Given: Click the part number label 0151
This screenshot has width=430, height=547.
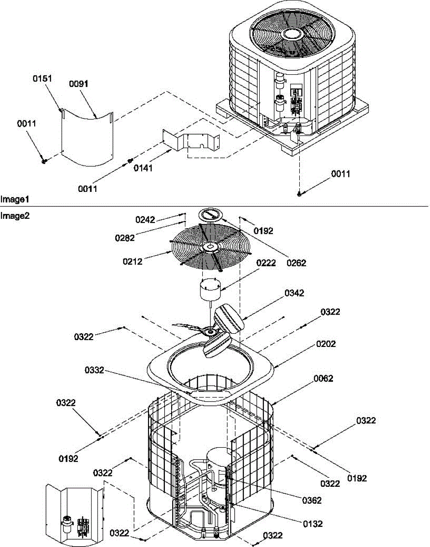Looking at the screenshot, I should tap(42, 78).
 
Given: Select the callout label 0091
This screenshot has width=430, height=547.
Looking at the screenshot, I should tap(78, 84).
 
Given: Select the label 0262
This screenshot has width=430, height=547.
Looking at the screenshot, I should tap(297, 263).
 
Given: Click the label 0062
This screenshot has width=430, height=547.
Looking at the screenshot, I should tap(323, 378).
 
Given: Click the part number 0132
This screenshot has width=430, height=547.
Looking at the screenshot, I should tap(312, 524).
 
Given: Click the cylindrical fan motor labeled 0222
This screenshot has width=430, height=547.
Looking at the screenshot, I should tap(207, 292).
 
